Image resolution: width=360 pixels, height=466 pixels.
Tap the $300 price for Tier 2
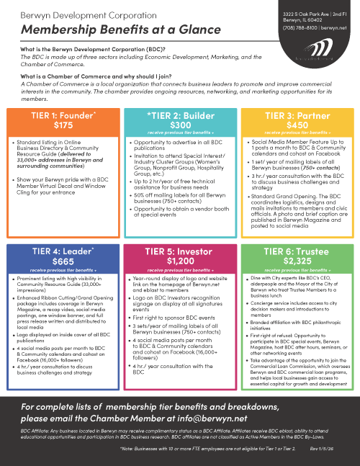pyautogui.click(x=180, y=124)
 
